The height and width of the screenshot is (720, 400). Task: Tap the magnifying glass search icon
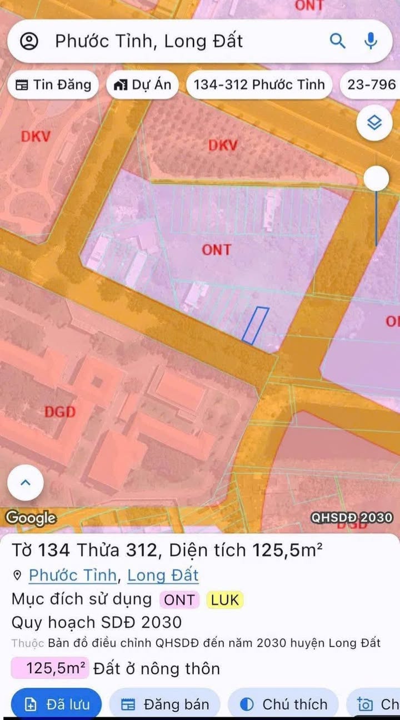pyautogui.click(x=338, y=41)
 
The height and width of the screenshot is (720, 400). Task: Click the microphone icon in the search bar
pyautogui.click(x=371, y=41)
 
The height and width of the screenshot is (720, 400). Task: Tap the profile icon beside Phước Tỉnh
pyautogui.click(x=29, y=41)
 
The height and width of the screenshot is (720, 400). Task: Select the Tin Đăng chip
pyautogui.click(x=53, y=85)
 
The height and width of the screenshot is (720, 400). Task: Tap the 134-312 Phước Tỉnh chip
pyautogui.click(x=259, y=85)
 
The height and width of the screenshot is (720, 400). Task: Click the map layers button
pyautogui.click(x=375, y=122)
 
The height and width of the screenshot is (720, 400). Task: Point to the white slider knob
pyautogui.click(x=377, y=178)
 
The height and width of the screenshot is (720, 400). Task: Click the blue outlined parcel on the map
pyautogui.click(x=255, y=325)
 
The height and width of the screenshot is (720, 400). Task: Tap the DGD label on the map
pyautogui.click(x=59, y=412)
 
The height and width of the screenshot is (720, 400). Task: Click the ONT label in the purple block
pyautogui.click(x=216, y=250)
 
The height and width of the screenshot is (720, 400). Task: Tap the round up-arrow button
pyautogui.click(x=25, y=482)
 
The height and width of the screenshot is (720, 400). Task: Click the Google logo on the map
pyautogui.click(x=31, y=518)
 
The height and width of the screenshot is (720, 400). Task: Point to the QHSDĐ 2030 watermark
pyautogui.click(x=352, y=518)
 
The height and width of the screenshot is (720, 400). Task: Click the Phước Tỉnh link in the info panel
pyautogui.click(x=73, y=575)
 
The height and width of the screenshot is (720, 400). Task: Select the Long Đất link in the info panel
pyautogui.click(x=163, y=575)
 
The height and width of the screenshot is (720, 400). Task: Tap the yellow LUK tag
pyautogui.click(x=224, y=600)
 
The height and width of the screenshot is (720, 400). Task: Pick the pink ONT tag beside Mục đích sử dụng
pyautogui.click(x=179, y=600)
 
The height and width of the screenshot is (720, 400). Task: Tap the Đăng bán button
pyautogui.click(x=165, y=704)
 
